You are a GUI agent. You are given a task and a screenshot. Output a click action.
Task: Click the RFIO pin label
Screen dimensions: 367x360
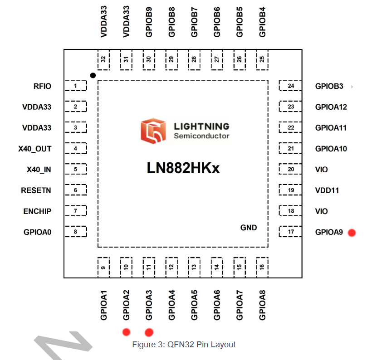(42, 86)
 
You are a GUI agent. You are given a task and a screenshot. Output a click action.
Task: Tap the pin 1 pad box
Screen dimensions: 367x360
(76, 86)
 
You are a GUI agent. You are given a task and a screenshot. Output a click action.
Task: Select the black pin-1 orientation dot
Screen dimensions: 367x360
(93, 75)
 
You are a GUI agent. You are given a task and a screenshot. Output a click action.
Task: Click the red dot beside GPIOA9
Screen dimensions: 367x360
(352, 233)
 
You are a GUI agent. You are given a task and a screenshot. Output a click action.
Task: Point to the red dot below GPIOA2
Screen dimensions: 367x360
(127, 332)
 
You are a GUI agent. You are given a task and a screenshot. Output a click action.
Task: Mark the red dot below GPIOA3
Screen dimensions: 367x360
(149, 332)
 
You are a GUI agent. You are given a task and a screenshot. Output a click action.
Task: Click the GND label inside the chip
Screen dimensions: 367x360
(249, 228)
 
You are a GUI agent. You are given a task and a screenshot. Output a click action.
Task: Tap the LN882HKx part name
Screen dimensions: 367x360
(183, 168)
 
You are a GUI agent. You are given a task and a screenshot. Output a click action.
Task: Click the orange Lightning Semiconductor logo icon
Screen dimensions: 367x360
(153, 131)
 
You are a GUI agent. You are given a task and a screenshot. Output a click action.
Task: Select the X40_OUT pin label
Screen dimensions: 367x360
(35, 149)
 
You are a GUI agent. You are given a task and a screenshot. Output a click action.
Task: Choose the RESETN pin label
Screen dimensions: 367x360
(36, 190)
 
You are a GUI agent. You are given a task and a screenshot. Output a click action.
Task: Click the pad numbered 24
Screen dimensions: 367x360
(290, 86)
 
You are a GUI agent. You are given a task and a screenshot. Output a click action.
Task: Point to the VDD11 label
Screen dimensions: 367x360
(327, 190)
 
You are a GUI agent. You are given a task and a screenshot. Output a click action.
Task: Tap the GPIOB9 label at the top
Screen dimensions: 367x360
(149, 22)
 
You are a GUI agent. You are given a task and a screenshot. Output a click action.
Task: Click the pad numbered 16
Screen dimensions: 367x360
(262, 268)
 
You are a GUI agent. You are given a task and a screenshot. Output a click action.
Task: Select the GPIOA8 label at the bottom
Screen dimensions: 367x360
(262, 305)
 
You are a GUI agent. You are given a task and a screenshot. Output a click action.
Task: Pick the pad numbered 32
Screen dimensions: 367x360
(103, 60)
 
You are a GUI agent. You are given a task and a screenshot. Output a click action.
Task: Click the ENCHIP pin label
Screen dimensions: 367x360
(37, 211)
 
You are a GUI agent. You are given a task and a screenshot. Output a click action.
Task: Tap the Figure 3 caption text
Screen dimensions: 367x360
(184, 344)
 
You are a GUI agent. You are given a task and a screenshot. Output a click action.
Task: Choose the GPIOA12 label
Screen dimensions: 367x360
(331, 107)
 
